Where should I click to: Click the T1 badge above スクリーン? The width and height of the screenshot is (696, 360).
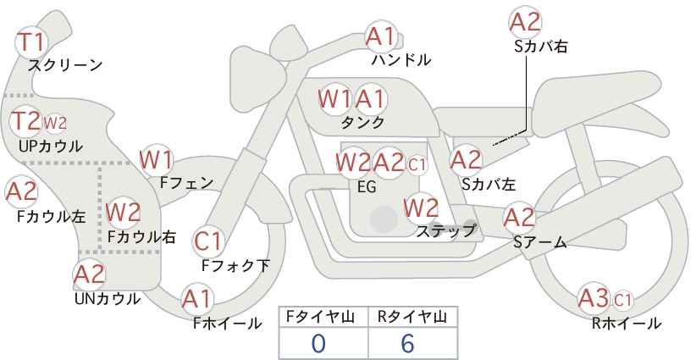click(x=33, y=41)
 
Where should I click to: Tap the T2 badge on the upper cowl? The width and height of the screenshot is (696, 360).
click(x=26, y=121)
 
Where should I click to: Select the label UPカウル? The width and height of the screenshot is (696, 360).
click(x=50, y=147)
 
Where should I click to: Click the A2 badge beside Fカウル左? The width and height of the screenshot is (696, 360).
click(x=21, y=191)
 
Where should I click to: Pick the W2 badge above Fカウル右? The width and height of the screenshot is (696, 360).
click(x=124, y=210)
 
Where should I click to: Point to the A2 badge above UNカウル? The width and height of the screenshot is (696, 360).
click(x=89, y=274)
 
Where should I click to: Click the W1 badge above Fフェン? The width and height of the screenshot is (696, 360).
click(x=157, y=158)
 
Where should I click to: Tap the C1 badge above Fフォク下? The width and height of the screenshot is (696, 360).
click(x=208, y=241)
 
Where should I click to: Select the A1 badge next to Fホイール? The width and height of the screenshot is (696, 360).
click(x=198, y=298)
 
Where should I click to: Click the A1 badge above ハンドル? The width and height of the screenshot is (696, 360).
click(x=381, y=36)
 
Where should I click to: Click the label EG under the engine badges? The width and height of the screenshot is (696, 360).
click(x=367, y=187)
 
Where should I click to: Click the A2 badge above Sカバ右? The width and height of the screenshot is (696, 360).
click(x=525, y=21)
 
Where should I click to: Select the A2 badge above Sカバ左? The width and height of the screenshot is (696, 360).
click(x=466, y=158)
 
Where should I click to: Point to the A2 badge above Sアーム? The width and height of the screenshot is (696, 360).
click(x=519, y=217)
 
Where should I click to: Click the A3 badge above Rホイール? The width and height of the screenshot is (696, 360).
click(x=594, y=297)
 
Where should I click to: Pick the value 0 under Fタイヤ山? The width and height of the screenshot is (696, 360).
click(x=318, y=343)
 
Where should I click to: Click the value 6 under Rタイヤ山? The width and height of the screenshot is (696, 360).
click(x=408, y=343)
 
